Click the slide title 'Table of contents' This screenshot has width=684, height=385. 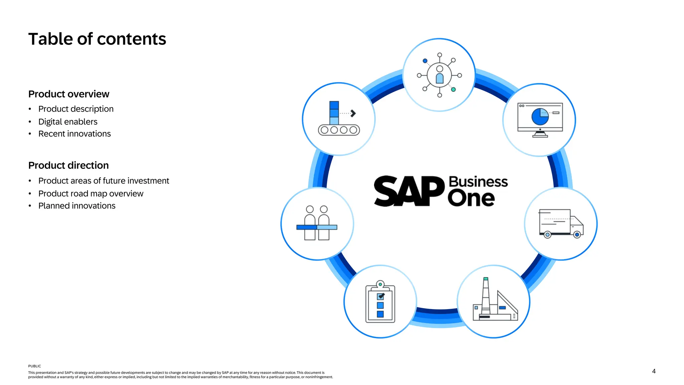coord(97,39)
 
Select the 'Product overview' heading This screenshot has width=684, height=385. coord(69,94)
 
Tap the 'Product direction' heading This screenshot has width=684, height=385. coord(68,165)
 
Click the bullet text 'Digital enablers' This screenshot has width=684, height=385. coord(68,122)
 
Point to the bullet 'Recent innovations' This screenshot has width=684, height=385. coord(74,134)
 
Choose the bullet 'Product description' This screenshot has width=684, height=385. coord(76,109)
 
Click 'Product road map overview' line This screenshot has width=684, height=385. coord(91,194)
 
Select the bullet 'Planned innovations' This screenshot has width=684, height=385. coord(77,206)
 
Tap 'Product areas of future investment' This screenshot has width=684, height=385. coord(104,181)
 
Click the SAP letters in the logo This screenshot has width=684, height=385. coord(409,191)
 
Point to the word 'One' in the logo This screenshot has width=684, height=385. coord(471,199)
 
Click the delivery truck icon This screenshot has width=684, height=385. coord(561,224)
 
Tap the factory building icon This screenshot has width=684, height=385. coord(495,300)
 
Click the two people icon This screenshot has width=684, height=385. coord(317,223)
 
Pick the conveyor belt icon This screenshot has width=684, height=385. coord(338,119)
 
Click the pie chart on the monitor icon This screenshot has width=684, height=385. coord(540,117)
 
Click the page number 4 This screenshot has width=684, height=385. coord(654,371)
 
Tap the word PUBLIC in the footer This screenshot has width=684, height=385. coord(34,366)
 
